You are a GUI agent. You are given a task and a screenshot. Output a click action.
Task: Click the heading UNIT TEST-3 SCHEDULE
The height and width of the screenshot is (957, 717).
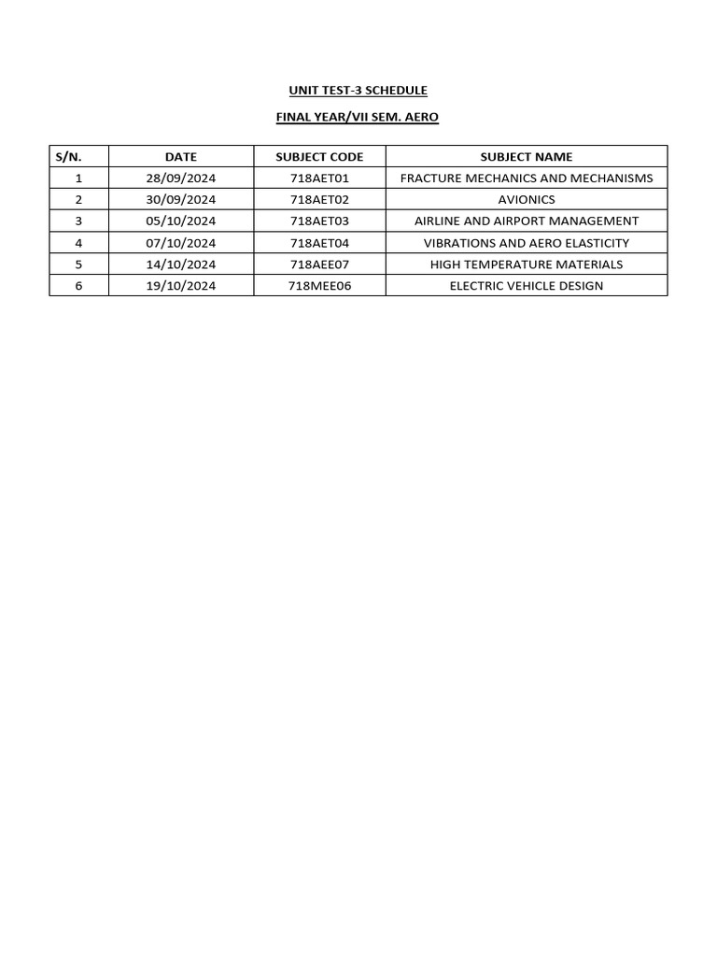pos(358,91)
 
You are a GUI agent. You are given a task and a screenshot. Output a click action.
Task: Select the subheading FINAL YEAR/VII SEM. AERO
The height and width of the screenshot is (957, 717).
pos(358,118)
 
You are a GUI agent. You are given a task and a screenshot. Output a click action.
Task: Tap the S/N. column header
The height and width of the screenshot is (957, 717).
pos(70,157)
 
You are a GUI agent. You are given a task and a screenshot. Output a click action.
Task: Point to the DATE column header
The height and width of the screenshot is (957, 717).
pos(180,157)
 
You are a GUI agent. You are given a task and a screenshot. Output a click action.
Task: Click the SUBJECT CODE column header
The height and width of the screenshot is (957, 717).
pos(319,157)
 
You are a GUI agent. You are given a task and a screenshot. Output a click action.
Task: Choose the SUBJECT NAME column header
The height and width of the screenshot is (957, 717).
pos(526,157)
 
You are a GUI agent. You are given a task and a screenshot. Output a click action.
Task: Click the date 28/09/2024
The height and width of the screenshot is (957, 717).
pos(180,179)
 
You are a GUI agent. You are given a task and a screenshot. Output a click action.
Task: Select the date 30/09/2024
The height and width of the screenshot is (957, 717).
pos(180,200)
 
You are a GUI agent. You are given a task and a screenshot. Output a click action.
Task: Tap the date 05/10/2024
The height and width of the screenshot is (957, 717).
pos(180,221)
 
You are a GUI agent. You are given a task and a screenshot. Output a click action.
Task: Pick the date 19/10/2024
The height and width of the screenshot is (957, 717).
pos(180,286)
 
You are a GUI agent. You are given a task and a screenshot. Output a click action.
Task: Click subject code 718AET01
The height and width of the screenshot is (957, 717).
pos(319,179)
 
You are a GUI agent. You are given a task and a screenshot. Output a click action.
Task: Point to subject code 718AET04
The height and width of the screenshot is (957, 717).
pos(319,243)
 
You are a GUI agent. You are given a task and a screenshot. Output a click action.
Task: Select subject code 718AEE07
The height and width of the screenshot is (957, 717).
pos(319,264)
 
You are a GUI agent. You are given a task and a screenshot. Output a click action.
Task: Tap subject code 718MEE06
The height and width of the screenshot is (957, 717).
pos(319,286)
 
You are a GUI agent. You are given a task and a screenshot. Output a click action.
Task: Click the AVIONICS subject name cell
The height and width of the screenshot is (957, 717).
pos(526,200)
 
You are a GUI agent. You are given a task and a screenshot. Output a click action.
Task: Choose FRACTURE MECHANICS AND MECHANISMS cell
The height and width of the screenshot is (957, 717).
pos(526,179)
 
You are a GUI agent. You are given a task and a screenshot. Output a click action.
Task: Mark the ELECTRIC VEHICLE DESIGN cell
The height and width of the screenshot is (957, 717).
pos(526,286)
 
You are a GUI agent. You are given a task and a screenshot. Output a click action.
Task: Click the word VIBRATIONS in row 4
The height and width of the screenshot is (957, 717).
pos(457,243)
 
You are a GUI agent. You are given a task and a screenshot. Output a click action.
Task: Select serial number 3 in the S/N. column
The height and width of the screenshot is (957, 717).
pos(78,221)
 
